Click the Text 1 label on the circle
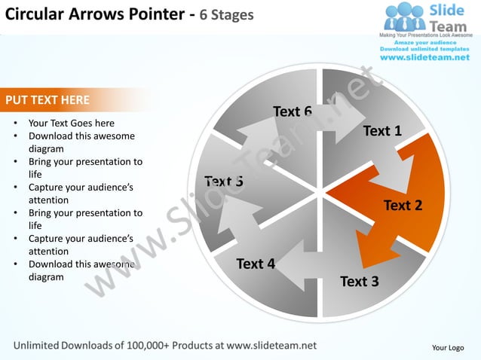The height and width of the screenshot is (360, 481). click(382, 131)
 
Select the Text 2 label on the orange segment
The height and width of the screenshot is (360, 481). click(403, 205)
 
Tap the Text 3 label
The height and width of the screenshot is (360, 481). click(360, 282)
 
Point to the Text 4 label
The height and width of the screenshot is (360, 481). click(256, 264)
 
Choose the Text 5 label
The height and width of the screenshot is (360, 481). click(223, 181)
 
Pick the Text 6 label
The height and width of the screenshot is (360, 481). click(293, 111)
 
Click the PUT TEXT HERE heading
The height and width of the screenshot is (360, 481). click(47, 99)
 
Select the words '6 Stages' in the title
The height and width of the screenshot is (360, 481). click(226, 15)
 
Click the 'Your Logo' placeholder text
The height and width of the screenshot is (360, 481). click(447, 347)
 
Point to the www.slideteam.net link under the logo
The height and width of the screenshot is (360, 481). click(424, 58)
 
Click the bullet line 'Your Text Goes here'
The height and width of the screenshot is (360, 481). click(72, 123)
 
